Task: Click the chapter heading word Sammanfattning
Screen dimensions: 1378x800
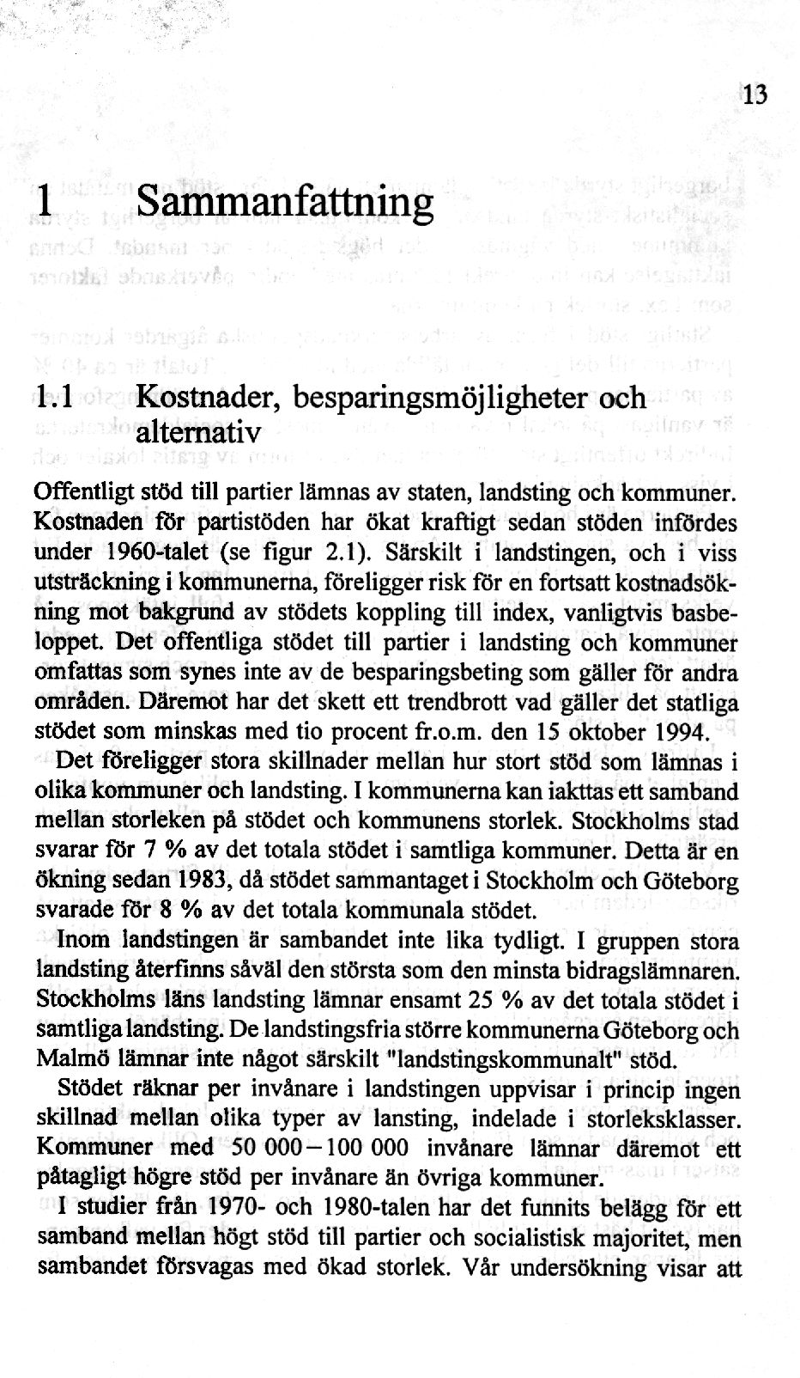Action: click(285, 204)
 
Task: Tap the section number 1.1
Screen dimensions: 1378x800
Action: click(57, 398)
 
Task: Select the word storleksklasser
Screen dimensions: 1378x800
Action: click(669, 1119)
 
